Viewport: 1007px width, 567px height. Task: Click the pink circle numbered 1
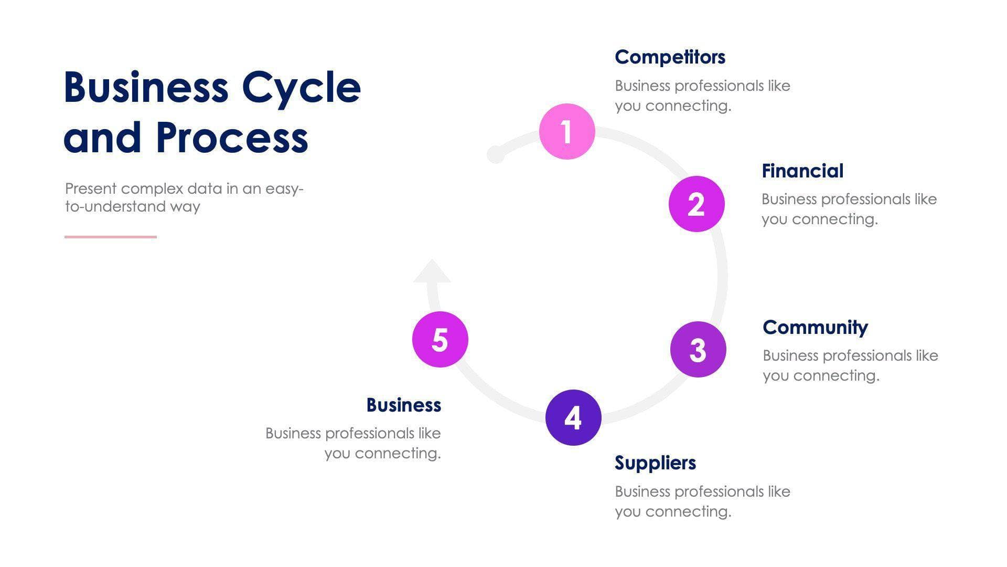pos(567,131)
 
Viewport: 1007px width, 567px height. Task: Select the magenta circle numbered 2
pos(697,204)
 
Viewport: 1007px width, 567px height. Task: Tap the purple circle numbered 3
pos(698,349)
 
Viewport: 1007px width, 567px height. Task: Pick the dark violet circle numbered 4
pos(573,417)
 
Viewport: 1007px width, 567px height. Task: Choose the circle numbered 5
pos(440,339)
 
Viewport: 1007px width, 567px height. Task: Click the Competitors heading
pos(670,57)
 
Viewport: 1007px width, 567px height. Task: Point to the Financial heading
pos(802,171)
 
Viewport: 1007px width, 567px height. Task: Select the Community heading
pos(815,327)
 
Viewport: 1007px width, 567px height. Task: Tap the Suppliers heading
pos(655,463)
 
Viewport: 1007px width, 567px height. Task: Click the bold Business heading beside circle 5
pos(403,405)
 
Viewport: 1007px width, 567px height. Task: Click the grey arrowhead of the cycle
pos(432,272)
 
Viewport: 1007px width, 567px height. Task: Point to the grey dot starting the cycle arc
pos(496,154)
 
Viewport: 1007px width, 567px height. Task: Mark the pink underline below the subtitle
pos(111,237)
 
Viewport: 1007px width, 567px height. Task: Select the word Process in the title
pos(232,138)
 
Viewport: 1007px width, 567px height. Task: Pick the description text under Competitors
pos(702,96)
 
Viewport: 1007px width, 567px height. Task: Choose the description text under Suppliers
pos(702,501)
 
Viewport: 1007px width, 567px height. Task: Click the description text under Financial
pos(849,209)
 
